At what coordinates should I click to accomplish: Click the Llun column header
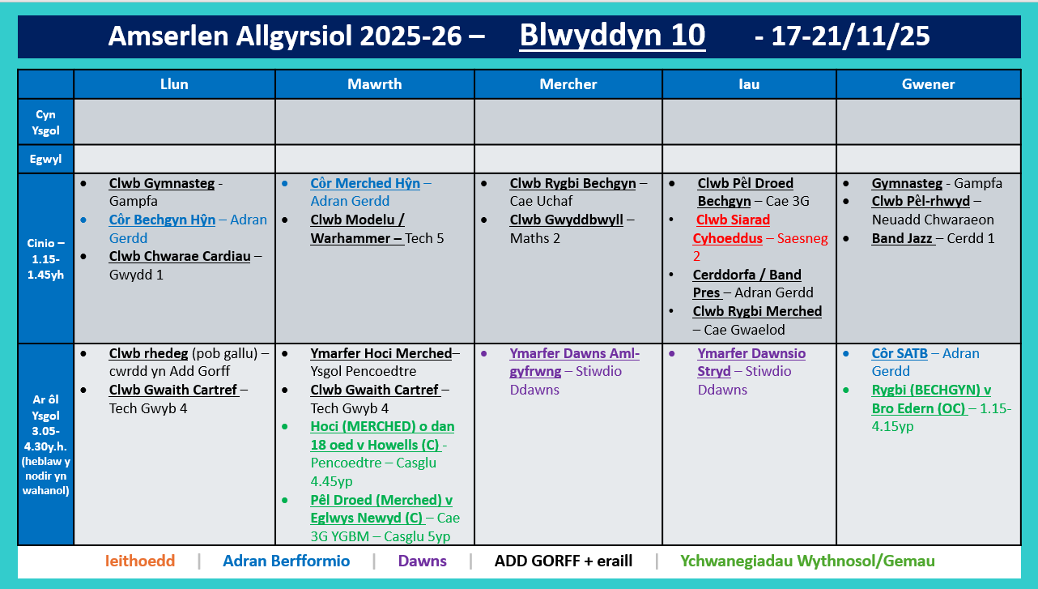point(174,84)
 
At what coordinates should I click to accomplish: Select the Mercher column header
point(568,84)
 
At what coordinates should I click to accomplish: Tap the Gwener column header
point(928,84)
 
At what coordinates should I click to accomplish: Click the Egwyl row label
point(46,160)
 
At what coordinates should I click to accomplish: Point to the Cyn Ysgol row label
point(46,122)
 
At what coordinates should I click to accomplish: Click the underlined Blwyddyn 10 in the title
point(612,36)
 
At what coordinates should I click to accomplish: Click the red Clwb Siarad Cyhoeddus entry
point(733,220)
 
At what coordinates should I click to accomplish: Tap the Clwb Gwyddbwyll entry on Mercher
point(572,220)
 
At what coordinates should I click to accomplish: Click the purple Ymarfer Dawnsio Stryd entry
point(751,354)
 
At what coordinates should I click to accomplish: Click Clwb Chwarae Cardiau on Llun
point(179,257)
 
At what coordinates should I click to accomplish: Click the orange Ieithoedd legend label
point(140,561)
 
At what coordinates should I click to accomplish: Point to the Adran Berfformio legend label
point(286,561)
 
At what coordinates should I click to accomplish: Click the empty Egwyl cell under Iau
point(749,160)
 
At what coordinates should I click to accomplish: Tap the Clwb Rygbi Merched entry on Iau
point(757,311)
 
